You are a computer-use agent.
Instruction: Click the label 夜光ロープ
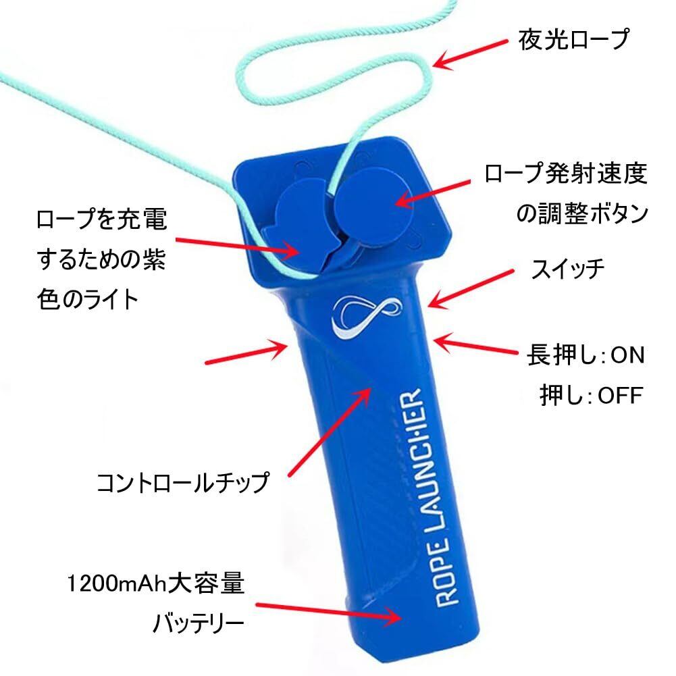[573, 41]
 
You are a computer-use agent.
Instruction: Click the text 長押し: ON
[586, 355]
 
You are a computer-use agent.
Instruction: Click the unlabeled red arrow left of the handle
[246, 353]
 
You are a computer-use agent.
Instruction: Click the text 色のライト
[88, 299]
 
